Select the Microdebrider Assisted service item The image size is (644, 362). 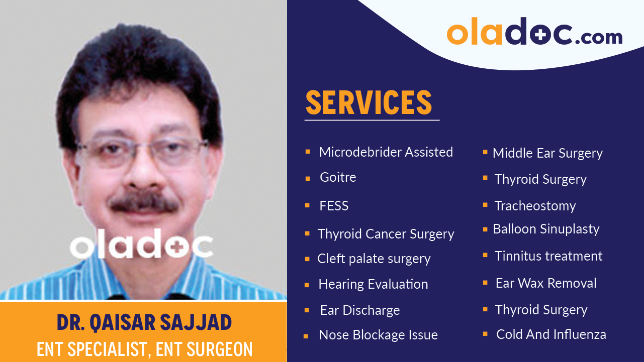point(386,152)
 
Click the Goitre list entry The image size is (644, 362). point(338,177)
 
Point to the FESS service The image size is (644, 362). point(334,206)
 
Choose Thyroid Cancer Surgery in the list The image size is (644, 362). point(386,234)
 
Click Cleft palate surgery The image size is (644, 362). point(374,259)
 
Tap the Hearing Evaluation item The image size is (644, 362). point(373,284)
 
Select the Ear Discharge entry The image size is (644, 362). point(360,310)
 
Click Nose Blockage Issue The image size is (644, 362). point(378,335)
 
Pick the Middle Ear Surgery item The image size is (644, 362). point(547,153)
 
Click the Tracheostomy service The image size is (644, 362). point(535,206)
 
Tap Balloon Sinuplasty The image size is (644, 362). point(546,229)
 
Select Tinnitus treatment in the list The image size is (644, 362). point(548,256)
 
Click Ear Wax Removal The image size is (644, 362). point(546,283)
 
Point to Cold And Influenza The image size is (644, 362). point(551,334)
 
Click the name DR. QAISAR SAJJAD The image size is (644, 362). point(144,323)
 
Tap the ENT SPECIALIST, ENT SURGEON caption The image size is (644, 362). point(144,349)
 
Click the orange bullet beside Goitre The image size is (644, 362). point(307,178)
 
